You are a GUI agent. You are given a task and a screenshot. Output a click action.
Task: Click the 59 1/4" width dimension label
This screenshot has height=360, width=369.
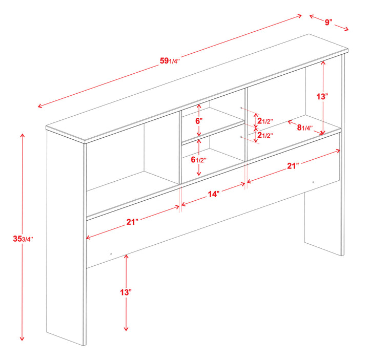click(170, 61)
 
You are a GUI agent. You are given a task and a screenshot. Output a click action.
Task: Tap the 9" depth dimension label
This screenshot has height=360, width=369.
click(328, 22)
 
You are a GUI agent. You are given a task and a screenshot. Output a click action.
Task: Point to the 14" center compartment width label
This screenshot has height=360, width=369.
click(214, 194)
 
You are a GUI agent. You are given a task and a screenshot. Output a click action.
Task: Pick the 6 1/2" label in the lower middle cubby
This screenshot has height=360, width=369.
click(199, 159)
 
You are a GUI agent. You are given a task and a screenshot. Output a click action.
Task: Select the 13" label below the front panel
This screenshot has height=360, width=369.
click(126, 292)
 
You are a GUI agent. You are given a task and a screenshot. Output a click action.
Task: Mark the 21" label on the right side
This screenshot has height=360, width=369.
click(293, 165)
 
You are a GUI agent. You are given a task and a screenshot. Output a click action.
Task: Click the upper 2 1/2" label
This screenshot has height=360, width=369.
click(264, 121)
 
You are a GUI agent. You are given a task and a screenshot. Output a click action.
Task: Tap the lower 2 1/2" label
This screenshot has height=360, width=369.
click(264, 136)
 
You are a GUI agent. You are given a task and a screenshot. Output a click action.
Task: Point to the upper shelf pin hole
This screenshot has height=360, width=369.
click(241, 108)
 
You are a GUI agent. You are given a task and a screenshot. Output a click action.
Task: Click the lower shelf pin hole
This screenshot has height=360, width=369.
click(241, 137)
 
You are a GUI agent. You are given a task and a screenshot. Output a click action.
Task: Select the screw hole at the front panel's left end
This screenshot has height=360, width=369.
click(112, 253)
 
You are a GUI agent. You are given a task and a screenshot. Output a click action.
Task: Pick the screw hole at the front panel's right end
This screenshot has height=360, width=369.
click(313, 182)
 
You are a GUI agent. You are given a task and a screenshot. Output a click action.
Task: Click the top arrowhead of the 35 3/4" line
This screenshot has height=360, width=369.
click(22, 135)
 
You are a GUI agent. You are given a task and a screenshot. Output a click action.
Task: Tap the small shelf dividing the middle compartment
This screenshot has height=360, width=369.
click(213, 130)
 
